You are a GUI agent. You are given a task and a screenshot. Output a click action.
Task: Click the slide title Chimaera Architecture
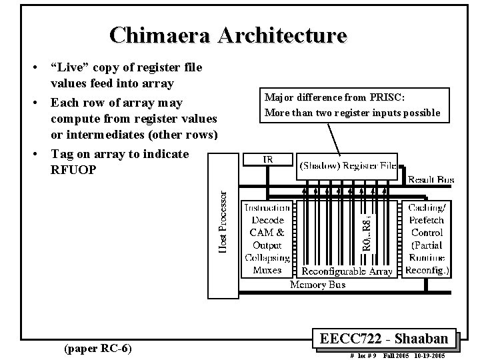[229, 35]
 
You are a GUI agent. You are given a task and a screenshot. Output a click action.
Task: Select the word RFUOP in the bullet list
[73, 169]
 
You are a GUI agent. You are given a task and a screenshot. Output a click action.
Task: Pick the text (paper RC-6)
[96, 347]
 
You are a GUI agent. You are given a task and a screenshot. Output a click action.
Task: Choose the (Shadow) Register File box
[347, 165]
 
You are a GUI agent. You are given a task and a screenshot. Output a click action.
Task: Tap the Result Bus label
[431, 180]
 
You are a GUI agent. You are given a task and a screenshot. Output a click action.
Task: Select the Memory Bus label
[317, 285]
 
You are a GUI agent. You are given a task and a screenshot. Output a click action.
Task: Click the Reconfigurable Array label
[347, 271]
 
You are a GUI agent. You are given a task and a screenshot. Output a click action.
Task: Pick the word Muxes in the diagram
[267, 270]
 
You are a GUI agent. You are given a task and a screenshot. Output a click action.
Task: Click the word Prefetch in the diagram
[427, 220]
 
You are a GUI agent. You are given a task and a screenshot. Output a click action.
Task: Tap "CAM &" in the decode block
[267, 233]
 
